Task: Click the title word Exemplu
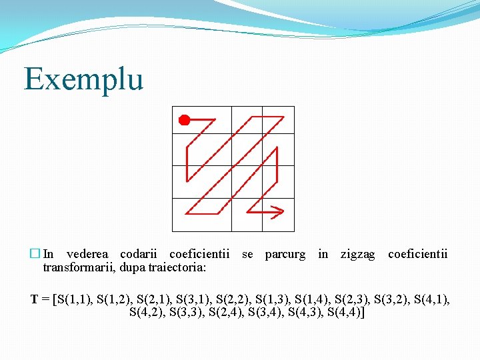pos(84,79)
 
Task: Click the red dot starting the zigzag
pos(184,120)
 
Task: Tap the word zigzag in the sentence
pos(357,254)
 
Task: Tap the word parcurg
pos(285,254)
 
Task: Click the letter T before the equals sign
pos(34,299)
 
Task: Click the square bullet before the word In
pos(35,254)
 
